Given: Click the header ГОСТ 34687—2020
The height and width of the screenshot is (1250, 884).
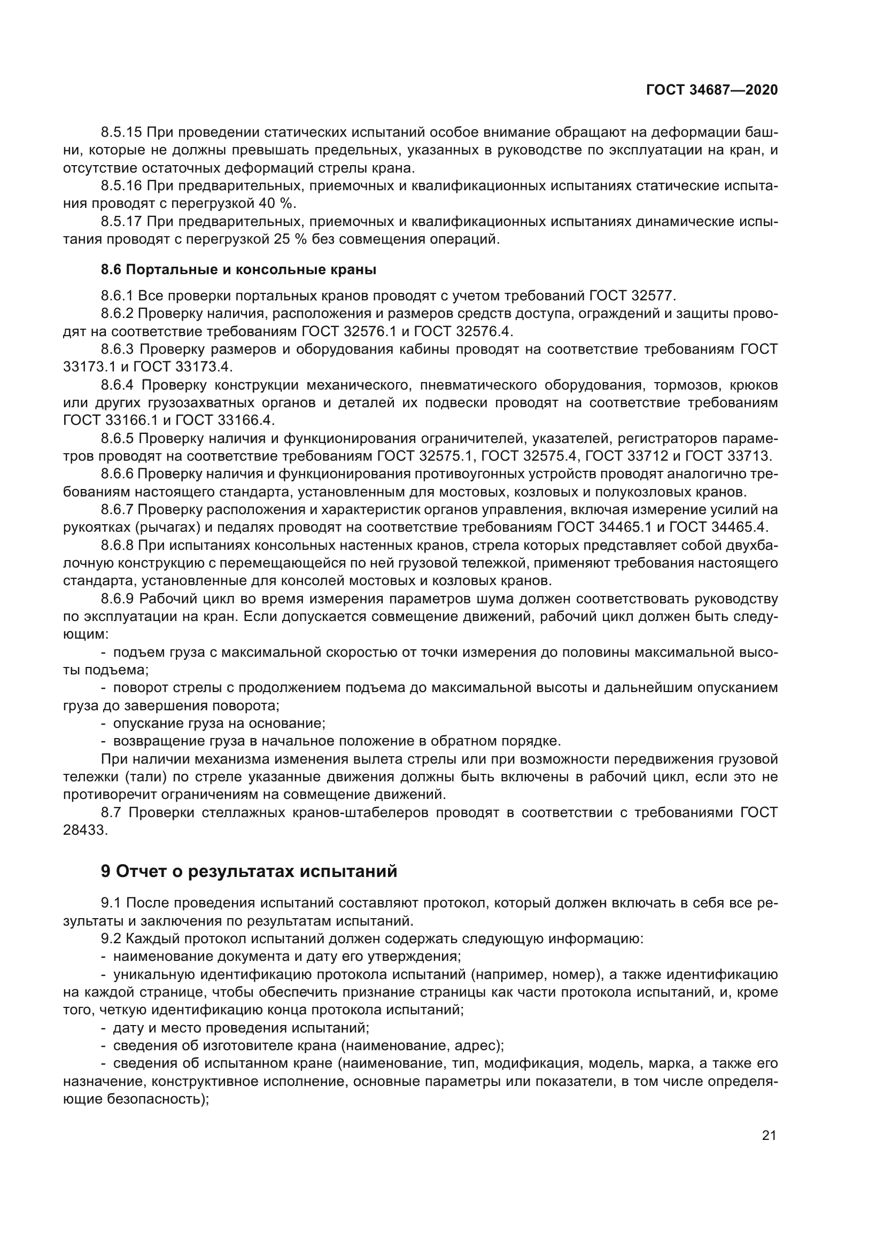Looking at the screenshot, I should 711,90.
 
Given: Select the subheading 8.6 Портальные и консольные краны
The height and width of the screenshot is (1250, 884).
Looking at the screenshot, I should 238,269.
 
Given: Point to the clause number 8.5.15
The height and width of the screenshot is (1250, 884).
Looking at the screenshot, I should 121,133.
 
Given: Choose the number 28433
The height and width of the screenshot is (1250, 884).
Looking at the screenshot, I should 86,831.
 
